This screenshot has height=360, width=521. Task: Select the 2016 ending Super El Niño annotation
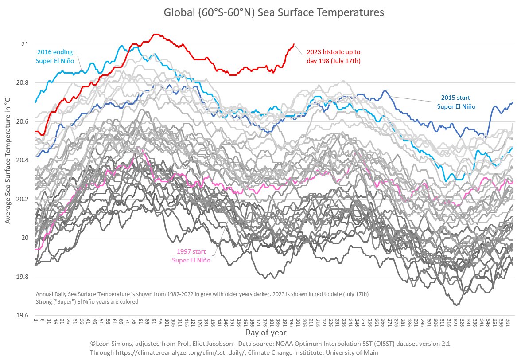coord(55,56)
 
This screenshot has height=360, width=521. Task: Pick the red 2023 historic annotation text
coord(333,56)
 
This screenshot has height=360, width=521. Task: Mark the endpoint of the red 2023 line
coord(294,44)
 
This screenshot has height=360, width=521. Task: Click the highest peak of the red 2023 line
coord(155,34)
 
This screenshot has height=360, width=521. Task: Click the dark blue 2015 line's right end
coord(513,102)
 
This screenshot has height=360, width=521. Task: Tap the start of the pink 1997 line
coord(35,249)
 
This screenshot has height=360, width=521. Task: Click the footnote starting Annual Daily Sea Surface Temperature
coord(202,294)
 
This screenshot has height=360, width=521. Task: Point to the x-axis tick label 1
coord(35,321)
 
